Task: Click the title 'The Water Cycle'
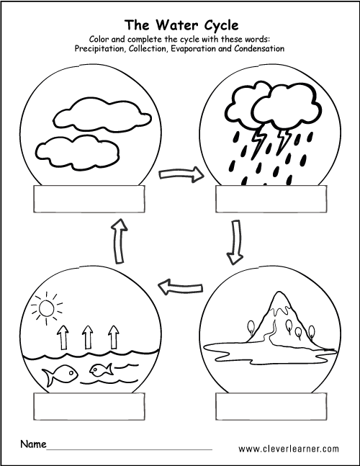point(181,24)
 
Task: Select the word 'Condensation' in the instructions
point(256,48)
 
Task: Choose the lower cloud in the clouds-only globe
point(79,150)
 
